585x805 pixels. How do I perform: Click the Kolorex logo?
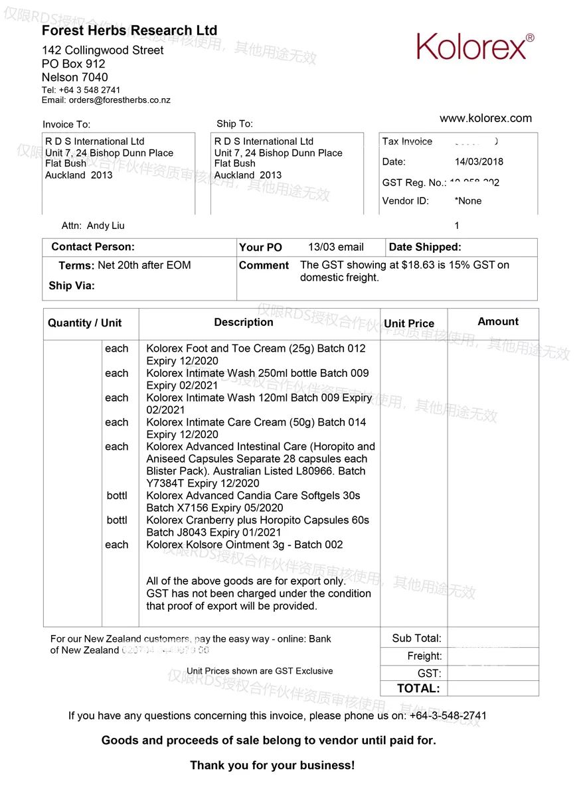[x=475, y=46]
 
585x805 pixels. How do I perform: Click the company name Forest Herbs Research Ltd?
[x=129, y=31]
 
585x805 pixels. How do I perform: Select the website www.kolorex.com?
[x=485, y=118]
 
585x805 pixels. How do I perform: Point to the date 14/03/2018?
[x=479, y=161]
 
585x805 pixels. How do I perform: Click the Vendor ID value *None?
[x=468, y=200]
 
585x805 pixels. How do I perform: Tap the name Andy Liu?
[x=106, y=226]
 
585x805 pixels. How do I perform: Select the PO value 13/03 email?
[x=336, y=247]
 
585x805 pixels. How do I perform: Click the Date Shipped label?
[x=425, y=247]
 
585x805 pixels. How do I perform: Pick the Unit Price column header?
[x=409, y=324]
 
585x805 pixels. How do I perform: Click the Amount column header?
[x=498, y=321]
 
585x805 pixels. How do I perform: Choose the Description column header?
[x=244, y=322]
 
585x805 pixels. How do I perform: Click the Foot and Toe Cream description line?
[x=256, y=348]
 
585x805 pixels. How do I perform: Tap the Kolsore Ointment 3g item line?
[x=244, y=545]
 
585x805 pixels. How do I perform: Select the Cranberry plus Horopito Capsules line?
[x=258, y=520]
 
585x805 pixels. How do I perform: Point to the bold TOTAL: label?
[x=418, y=689]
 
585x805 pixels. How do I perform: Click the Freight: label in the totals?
[x=424, y=656]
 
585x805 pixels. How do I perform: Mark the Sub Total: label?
[x=416, y=638]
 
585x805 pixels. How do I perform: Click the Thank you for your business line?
[x=272, y=765]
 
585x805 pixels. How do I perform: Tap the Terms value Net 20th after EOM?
[x=144, y=265]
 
